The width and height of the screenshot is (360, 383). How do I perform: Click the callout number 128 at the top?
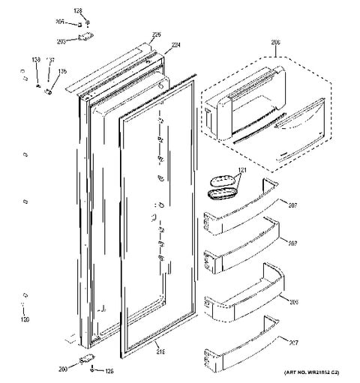coord(78,10)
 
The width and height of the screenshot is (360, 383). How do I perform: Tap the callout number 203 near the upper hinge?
coord(61,43)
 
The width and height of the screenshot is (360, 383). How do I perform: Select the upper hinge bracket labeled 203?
coord(84,37)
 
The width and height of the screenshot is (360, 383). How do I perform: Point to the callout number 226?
coord(157,34)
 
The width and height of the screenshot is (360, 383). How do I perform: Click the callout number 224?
coord(176,45)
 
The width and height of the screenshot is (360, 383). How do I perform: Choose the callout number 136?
coord(62,73)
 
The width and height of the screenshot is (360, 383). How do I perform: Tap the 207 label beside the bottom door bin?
coord(295,342)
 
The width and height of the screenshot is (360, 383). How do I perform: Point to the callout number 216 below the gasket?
coord(159,349)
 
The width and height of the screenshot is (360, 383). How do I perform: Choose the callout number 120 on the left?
coord(25,320)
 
